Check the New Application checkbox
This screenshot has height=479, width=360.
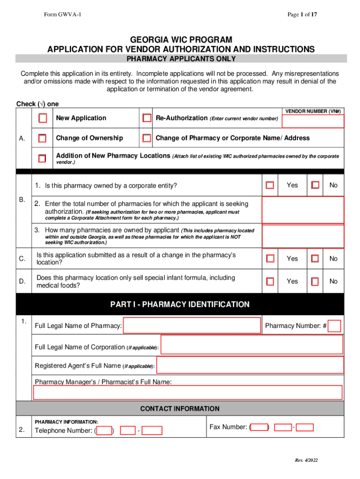pyautogui.click(x=43, y=118)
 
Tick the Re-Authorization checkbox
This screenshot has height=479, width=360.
pyautogui.click(x=147, y=118)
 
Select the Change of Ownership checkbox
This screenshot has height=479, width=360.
pyautogui.click(x=43, y=138)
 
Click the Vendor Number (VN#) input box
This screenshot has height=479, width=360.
pyautogui.click(x=313, y=121)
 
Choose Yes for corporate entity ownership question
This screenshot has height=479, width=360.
pyautogui.click(x=270, y=185)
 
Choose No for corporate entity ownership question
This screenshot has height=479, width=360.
pyautogui.click(x=316, y=185)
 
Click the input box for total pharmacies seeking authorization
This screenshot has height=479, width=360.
pyautogui.click(x=302, y=210)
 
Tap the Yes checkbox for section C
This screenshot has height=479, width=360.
pyautogui.click(x=270, y=258)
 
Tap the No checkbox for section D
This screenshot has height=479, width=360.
pyautogui.click(x=316, y=281)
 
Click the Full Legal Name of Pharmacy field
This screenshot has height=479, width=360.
pyautogui.click(x=192, y=326)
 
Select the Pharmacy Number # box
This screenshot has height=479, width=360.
pyautogui.click(x=334, y=326)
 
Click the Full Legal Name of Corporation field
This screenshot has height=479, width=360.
pyautogui.click(x=252, y=345)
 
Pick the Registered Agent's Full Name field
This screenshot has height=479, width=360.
pyautogui.click(x=250, y=365)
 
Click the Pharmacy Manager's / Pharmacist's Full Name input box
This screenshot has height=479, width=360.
pyautogui.click(x=187, y=392)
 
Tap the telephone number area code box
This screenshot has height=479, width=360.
pyautogui.click(x=104, y=430)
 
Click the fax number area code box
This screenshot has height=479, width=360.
pyautogui.click(x=259, y=427)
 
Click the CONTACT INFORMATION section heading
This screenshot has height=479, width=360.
pyautogui.click(x=180, y=408)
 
